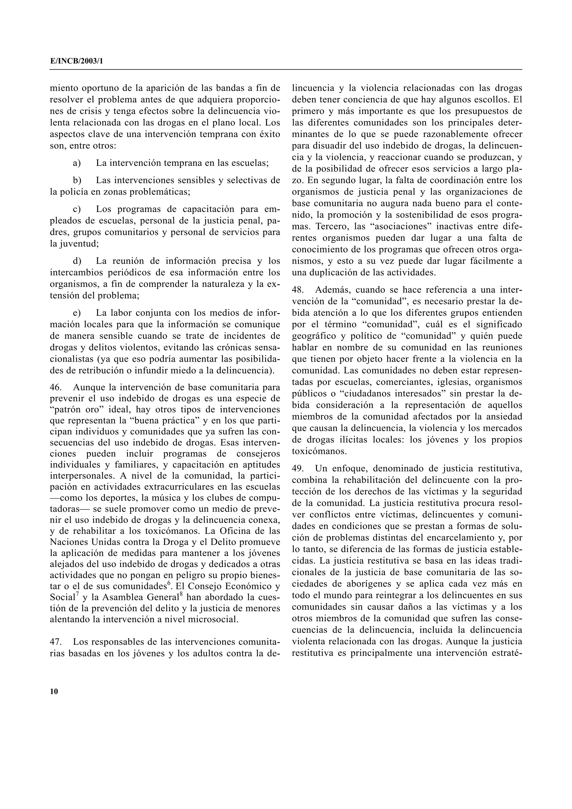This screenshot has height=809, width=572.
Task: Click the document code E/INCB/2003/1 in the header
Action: [77, 61]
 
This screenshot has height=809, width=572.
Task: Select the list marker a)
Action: [77, 163]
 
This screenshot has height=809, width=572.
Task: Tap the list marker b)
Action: [77, 180]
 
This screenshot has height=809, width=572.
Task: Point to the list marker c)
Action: [77, 209]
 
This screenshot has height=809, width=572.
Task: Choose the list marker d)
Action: [77, 261]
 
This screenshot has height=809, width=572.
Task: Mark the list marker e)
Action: [77, 313]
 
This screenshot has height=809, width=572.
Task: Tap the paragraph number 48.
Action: [298, 290]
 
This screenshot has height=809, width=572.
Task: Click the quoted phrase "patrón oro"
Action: [74, 410]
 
